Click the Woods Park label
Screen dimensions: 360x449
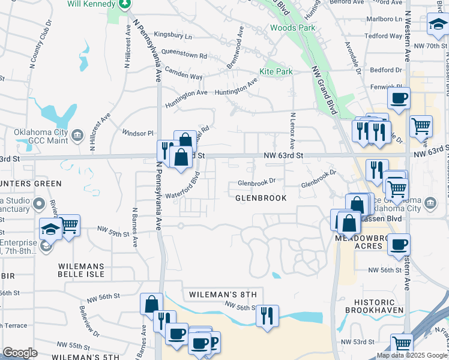[x=292, y=28]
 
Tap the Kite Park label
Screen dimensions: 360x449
[x=276, y=71]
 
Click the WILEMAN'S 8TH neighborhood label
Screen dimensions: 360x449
[x=222, y=295]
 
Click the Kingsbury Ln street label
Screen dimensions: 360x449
[x=173, y=37]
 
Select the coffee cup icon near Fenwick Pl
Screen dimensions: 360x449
[x=399, y=97]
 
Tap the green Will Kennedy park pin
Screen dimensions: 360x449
[x=125, y=4]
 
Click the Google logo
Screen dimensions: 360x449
[x=20, y=353]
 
